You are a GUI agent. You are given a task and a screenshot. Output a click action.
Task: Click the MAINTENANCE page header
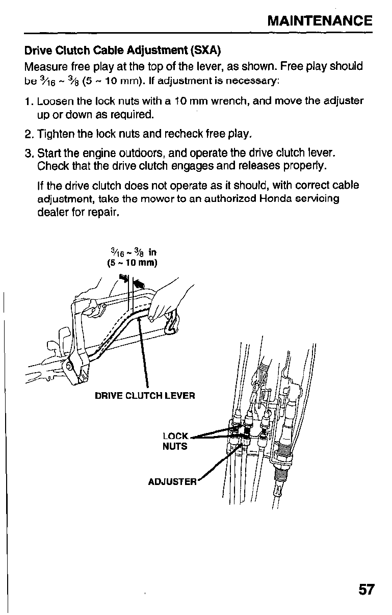click(320, 21)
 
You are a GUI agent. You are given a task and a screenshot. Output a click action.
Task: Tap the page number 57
click(366, 590)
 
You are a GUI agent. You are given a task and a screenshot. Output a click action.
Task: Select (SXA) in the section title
click(206, 51)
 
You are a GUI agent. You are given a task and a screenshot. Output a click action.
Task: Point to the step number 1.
click(28, 101)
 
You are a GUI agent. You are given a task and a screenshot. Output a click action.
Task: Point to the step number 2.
click(29, 135)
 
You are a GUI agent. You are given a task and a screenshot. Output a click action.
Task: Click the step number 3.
click(29, 153)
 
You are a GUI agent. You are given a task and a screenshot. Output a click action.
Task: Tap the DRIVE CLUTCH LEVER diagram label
click(145, 396)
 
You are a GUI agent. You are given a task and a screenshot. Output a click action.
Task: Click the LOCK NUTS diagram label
click(175, 442)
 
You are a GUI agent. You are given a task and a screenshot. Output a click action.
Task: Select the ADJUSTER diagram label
click(172, 482)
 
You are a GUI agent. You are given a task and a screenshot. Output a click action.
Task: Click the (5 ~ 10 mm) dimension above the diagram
click(132, 263)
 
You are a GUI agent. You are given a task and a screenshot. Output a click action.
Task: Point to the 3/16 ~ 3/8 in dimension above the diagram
click(133, 251)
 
